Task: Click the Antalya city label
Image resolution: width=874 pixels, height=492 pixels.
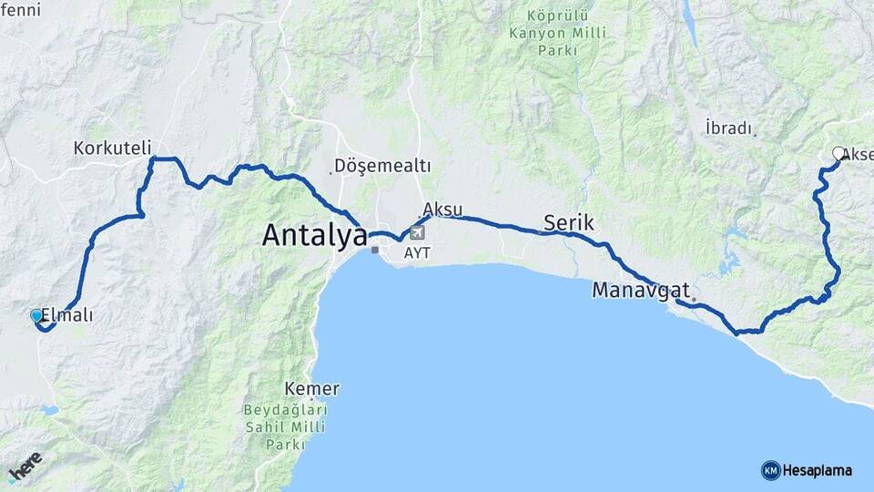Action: [x=314, y=235]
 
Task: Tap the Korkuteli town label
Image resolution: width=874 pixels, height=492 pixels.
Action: [x=112, y=148]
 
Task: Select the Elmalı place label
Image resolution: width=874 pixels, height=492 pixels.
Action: [x=67, y=316]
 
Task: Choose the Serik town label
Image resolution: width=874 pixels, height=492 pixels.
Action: [x=568, y=222]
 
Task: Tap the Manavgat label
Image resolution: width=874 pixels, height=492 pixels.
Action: [x=640, y=291]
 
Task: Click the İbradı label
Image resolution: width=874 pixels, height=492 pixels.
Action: [x=728, y=128]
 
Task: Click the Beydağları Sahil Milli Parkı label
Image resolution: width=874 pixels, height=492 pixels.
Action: [x=285, y=427]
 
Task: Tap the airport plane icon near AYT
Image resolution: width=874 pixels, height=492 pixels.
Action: [x=417, y=231]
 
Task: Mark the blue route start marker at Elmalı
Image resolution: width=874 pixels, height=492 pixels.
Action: [x=36, y=315]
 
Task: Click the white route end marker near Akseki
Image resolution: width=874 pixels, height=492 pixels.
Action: [x=838, y=153]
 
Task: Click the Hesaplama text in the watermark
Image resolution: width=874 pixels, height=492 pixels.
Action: [x=818, y=471]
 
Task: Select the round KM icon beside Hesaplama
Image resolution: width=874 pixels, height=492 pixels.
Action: [x=770, y=471]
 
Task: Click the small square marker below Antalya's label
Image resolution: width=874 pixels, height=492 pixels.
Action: [x=374, y=250]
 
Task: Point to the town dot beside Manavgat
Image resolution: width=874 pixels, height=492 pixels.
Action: [x=693, y=299]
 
